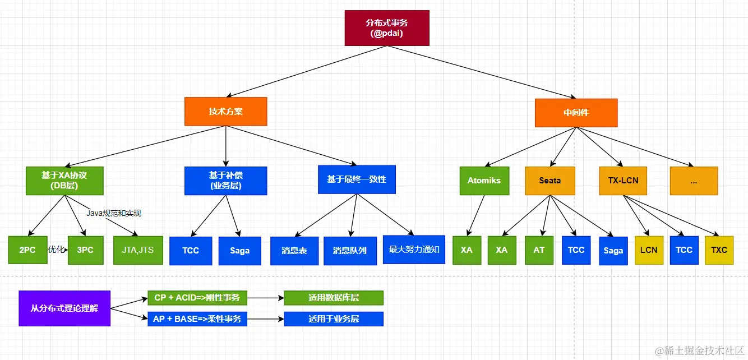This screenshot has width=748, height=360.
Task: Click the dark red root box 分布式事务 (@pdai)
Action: coord(387,28)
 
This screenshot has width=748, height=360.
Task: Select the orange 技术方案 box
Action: coord(226,112)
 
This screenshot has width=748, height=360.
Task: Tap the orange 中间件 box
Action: coord(576,113)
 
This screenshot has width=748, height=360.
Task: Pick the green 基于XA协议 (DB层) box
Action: coord(64,181)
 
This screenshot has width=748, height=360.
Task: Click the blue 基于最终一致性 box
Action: coord(357,179)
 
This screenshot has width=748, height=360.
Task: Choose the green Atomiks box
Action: coord(484,181)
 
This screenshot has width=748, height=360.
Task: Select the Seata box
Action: coord(550,181)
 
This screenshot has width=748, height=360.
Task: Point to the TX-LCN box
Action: coord(623,181)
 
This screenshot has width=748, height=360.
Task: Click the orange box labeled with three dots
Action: coord(694,181)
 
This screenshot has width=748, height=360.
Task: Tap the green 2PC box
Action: coord(27,250)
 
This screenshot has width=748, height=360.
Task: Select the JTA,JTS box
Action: coord(138,250)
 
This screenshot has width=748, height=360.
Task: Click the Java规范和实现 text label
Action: coord(114,213)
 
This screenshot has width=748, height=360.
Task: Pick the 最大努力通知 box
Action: coord(414,250)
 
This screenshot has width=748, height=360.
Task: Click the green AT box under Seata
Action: coord(539,250)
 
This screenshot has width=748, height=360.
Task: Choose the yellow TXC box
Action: coord(719,250)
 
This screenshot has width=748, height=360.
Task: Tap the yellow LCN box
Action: coord(649,250)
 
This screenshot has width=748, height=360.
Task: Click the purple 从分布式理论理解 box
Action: coord(64,308)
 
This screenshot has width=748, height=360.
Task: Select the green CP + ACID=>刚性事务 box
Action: coord(197,298)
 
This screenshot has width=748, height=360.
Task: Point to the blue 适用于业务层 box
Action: coord(334,319)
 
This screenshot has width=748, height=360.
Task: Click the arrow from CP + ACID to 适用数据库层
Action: coord(265,298)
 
